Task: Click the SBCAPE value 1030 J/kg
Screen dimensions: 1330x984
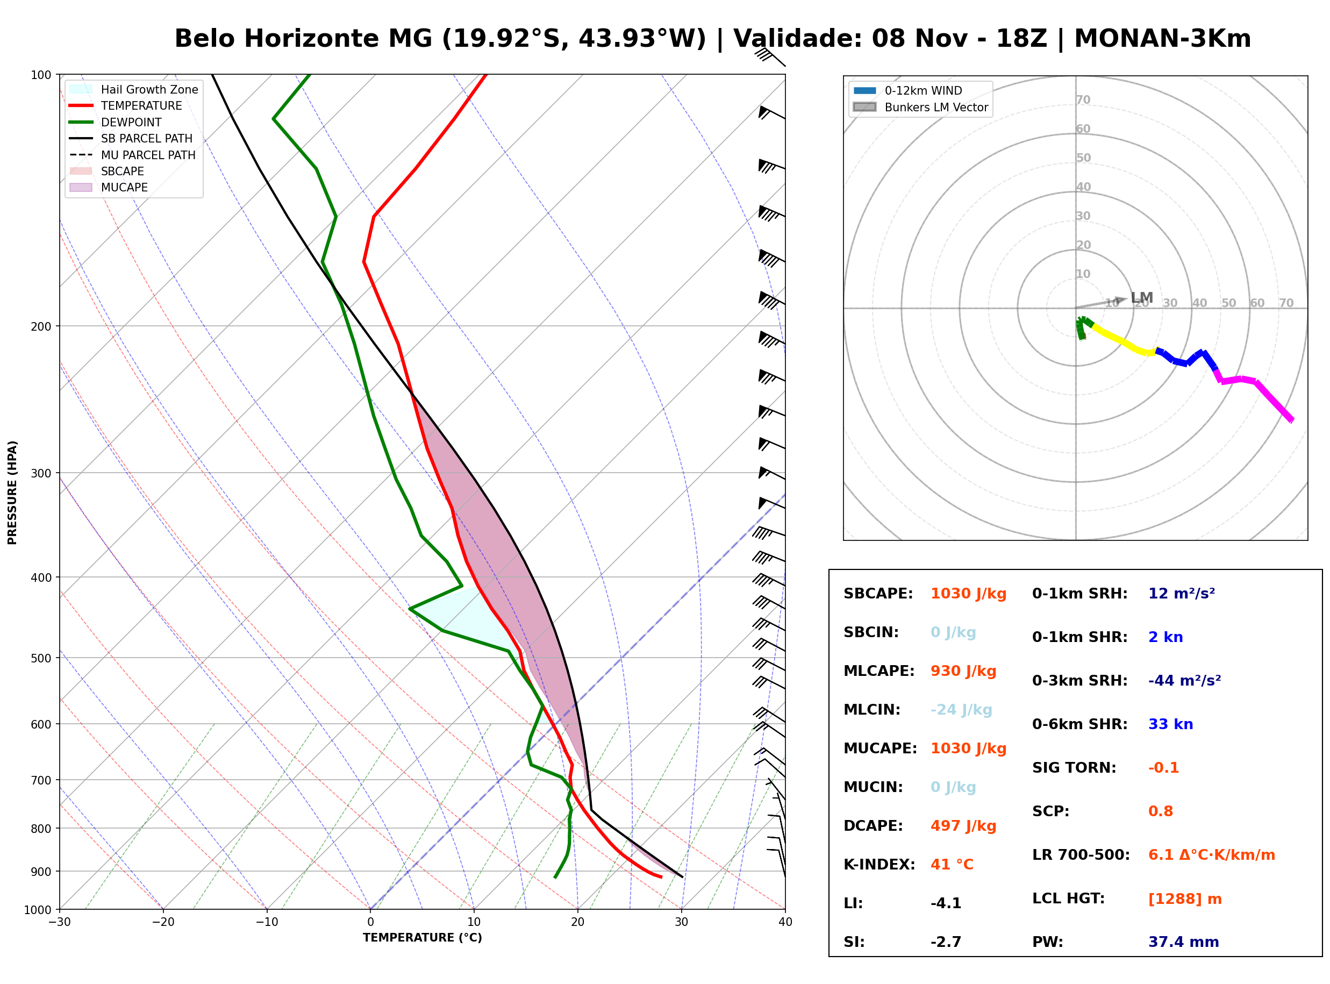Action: [968, 594]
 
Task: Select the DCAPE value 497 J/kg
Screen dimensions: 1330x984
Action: [963, 826]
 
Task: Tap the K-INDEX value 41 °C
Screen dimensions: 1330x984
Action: [952, 865]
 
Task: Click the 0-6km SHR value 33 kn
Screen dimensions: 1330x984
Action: [1170, 724]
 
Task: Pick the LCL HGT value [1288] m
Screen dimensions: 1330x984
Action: [1185, 899]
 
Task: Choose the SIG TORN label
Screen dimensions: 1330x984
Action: [1074, 768]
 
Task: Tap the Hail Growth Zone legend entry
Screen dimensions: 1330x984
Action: [134, 89]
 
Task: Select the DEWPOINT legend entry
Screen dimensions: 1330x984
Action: [116, 122]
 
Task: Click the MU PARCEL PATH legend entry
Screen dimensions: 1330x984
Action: [133, 155]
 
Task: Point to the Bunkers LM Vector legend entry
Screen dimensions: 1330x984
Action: [920, 107]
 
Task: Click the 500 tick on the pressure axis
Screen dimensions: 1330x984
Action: [42, 658]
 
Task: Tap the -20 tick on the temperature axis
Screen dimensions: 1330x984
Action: [163, 922]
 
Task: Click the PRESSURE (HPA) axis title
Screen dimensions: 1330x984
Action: [12, 493]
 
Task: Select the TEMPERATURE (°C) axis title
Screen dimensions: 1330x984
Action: [422, 938]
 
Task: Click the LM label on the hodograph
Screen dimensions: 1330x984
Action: [1142, 298]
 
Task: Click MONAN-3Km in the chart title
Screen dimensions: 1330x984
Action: [1162, 39]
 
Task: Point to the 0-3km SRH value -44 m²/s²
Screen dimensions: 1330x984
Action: [1184, 681]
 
